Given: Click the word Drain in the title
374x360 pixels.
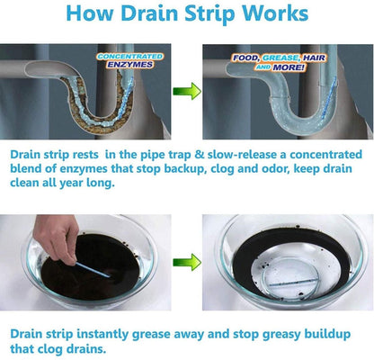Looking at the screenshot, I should pos(143,15).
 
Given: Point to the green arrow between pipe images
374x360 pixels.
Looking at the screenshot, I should pos(186,91).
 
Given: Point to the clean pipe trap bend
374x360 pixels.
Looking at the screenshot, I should pos(270,112).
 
